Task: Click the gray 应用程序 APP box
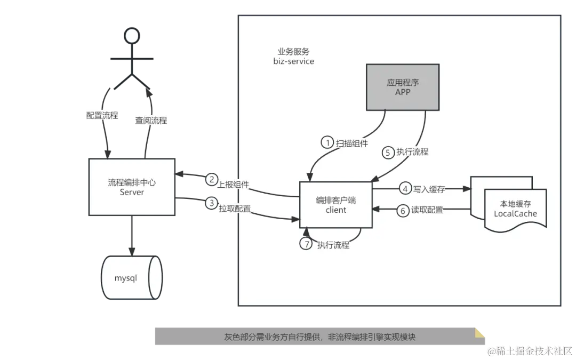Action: (402, 87)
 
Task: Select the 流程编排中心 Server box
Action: (132, 187)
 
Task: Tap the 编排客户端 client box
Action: (335, 205)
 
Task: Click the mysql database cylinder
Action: (131, 278)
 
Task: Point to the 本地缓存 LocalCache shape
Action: (515, 209)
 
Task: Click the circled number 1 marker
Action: (326, 142)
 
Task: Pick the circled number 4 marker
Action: (405, 188)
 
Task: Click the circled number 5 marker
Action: (388, 152)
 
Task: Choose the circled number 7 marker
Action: (306, 244)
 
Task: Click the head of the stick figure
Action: (131, 36)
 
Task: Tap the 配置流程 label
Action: (102, 115)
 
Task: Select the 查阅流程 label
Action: (151, 121)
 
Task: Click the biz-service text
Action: (293, 61)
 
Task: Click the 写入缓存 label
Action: (429, 188)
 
